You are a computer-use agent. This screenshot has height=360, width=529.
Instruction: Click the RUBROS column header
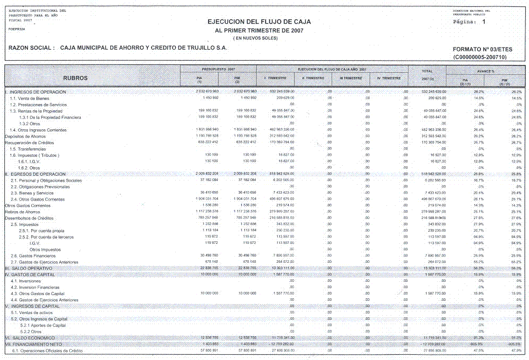pos(75,78)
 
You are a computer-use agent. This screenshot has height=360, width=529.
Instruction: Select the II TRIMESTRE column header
pos(314,78)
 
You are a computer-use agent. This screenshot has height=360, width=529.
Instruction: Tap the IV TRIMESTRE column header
pos(389,78)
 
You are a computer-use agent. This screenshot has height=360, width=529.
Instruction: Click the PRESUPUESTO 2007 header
pos(218,69)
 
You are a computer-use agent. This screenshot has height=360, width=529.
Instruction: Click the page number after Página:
pos(483,23)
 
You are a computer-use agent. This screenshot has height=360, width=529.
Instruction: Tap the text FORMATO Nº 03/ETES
pos(482,49)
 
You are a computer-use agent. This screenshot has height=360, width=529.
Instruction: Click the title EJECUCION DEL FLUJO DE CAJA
pos(260,22)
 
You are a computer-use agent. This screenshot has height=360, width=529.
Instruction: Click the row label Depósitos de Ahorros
pos(25,136)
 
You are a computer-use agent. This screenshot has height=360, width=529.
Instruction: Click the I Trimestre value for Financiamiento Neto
pos(279,344)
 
